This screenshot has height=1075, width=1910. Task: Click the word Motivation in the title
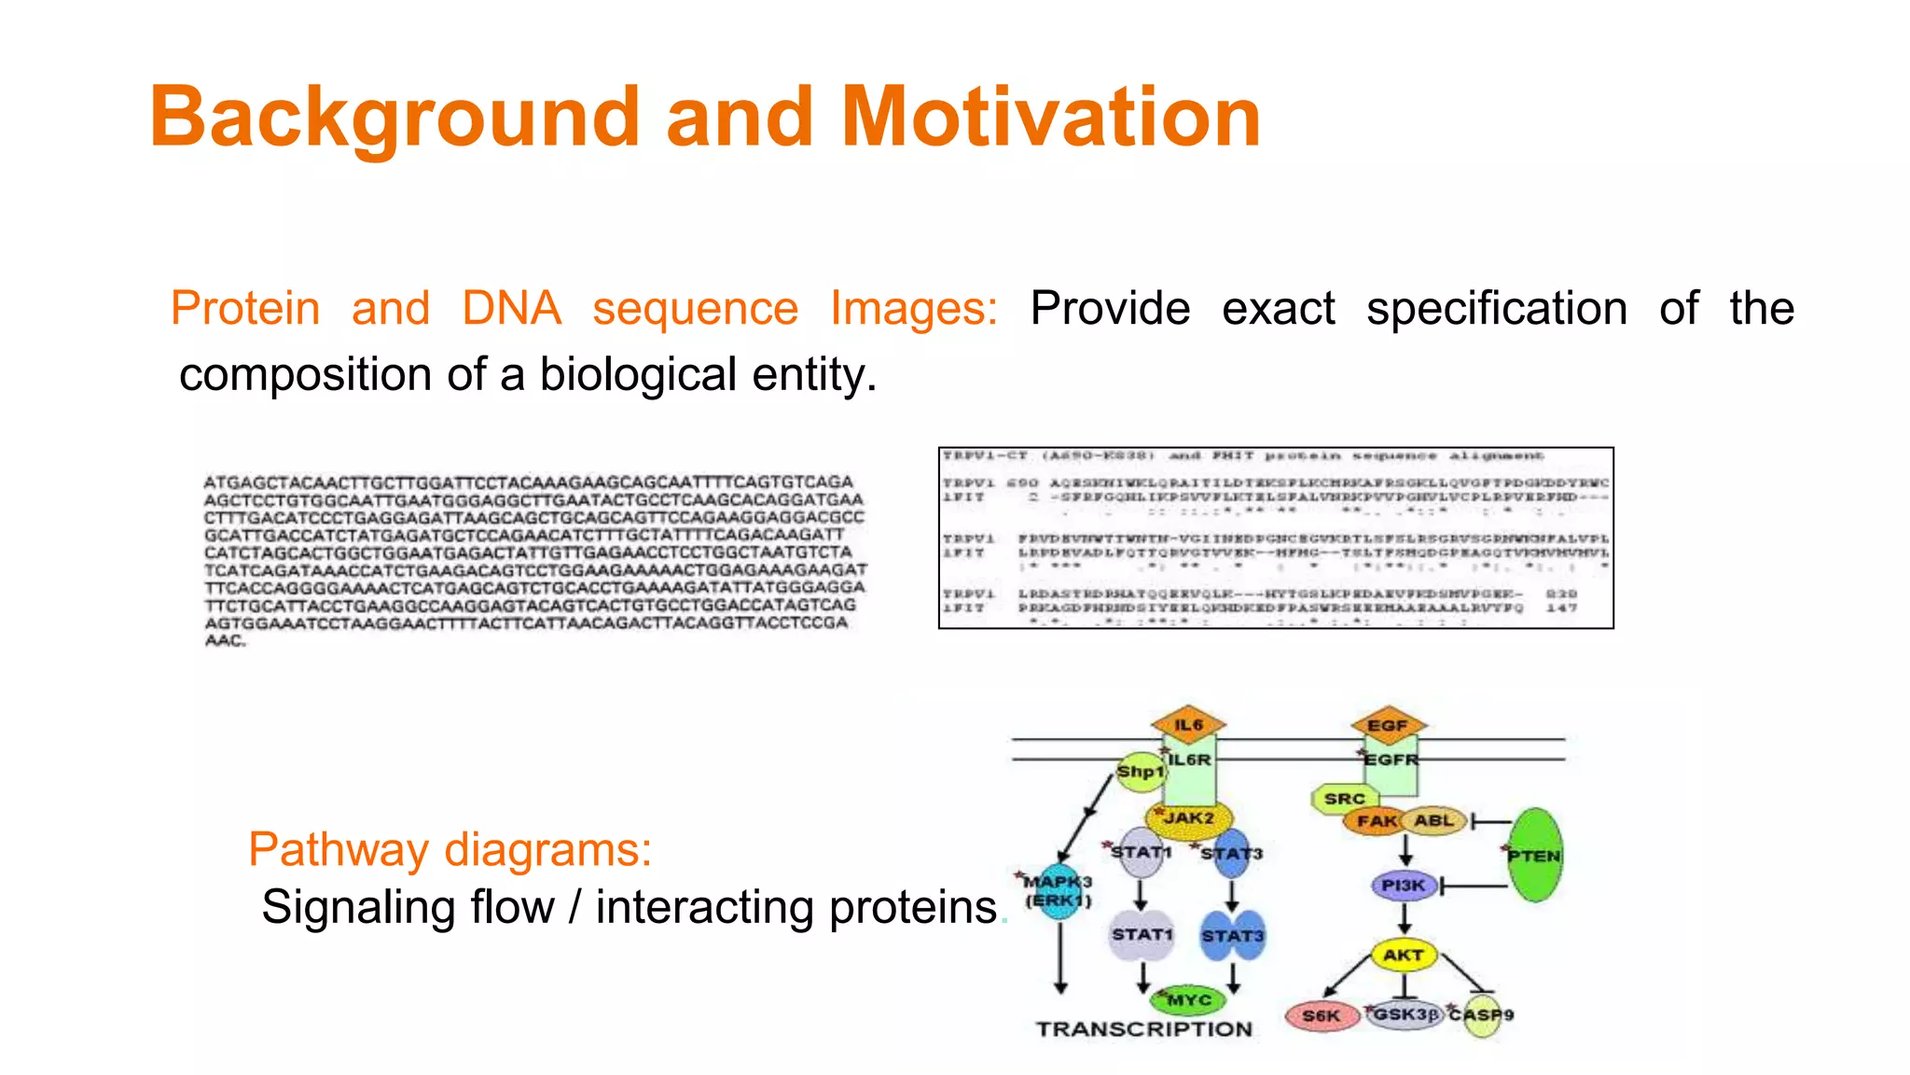tap(1051, 117)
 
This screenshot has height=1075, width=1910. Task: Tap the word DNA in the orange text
tap(511, 308)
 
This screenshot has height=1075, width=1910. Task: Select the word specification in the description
tap(1496, 308)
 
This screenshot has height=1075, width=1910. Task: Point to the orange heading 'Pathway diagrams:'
tap(450, 849)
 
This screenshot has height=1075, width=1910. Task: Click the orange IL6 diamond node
tap(1188, 724)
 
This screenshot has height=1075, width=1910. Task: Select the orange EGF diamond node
tap(1388, 725)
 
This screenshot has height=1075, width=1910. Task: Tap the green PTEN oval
tap(1534, 855)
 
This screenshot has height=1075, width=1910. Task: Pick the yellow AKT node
tap(1403, 955)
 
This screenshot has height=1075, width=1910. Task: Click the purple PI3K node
tap(1404, 885)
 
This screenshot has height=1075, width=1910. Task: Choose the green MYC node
tap(1189, 1000)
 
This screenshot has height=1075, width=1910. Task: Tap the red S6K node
tap(1322, 1015)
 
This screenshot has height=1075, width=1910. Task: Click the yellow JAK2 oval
tap(1189, 818)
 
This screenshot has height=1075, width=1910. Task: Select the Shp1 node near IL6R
tap(1141, 772)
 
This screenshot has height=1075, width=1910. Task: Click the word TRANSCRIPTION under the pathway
tap(1144, 1029)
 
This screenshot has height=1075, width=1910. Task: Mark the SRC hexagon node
tap(1344, 799)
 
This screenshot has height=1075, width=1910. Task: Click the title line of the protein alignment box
tap(1243, 455)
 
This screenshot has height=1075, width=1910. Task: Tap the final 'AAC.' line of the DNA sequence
tap(225, 640)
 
